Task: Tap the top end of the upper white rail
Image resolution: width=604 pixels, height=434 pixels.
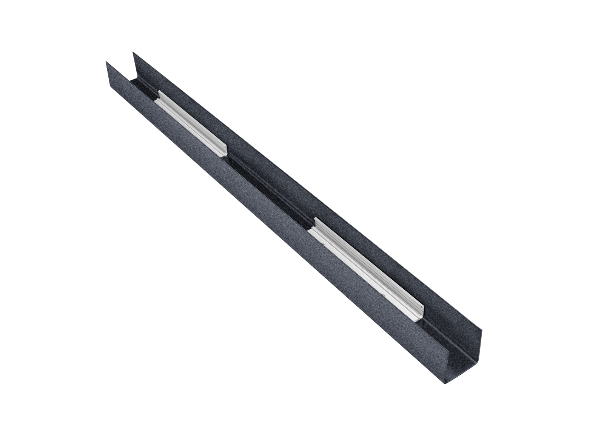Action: pos(158,94)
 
